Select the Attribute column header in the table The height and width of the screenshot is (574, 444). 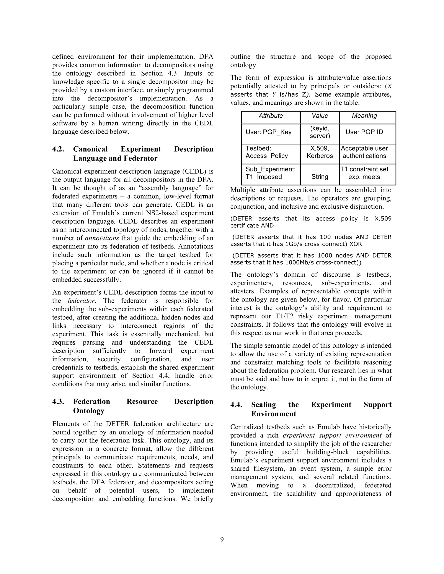pos(271,116)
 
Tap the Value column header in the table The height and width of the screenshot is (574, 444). pos(320,116)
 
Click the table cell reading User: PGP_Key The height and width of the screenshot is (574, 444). pos(268,132)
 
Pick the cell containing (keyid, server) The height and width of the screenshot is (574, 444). pos(320,132)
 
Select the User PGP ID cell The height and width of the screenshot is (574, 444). pos(364,132)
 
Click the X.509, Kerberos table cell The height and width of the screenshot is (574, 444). pos(320,152)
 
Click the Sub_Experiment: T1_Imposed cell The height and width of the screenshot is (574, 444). pos(270,173)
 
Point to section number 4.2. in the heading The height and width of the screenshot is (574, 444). pos(58,149)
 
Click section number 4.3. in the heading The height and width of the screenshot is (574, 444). pos(58,401)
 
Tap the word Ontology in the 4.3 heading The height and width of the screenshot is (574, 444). pos(89,410)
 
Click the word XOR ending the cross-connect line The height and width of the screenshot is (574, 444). pos(356,244)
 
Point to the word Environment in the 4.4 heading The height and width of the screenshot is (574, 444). pos(274,414)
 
